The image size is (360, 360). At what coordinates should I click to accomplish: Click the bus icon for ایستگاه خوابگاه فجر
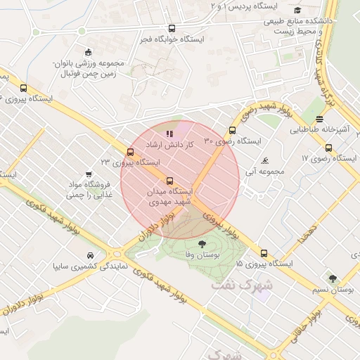(x=172, y=29)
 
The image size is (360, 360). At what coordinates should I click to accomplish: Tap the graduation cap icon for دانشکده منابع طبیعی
(x=298, y=10)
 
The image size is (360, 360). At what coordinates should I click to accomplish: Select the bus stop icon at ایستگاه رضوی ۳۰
(x=232, y=130)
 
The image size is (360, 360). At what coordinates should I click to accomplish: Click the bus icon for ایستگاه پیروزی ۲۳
(x=130, y=152)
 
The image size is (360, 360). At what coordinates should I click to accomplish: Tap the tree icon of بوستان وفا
(x=202, y=243)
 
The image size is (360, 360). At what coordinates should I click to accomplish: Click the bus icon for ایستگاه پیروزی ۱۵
(x=264, y=253)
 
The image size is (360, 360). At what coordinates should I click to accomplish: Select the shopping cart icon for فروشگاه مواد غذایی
(x=89, y=174)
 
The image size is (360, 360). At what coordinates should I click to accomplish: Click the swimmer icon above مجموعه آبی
(x=264, y=161)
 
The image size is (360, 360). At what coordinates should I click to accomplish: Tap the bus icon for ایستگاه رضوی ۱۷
(x=328, y=148)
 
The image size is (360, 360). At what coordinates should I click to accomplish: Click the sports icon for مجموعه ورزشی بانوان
(x=87, y=53)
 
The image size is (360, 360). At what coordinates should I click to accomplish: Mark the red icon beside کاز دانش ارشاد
(x=169, y=133)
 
